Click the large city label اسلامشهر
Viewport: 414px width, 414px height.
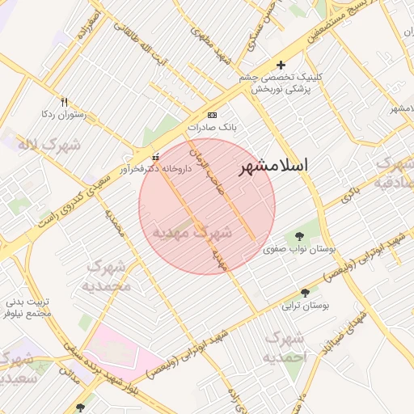[273, 167]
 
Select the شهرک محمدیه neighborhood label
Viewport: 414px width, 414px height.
[108, 276]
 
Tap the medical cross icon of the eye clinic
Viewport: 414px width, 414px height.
[281, 65]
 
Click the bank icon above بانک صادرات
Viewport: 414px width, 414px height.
[213, 115]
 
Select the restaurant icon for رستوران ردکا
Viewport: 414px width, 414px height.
[65, 102]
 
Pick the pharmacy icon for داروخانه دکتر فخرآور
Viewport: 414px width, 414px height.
[156, 157]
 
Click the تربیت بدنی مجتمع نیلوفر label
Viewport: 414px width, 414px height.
[27, 306]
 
